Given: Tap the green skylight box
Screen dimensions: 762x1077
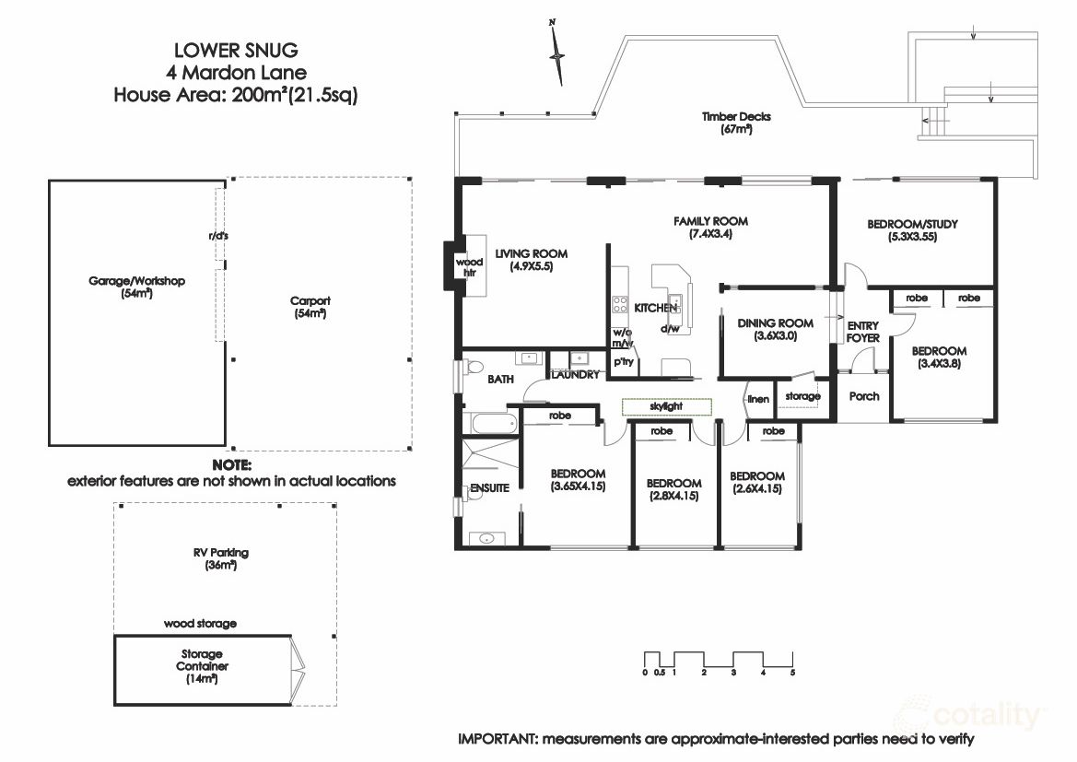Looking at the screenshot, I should coord(666,406).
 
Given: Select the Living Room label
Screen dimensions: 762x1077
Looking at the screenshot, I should coord(531,261).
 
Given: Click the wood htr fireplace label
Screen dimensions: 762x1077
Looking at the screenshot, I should coord(469,267).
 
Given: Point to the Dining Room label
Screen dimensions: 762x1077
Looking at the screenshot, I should coord(775,330).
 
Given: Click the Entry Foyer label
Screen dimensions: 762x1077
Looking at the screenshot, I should coord(863,332).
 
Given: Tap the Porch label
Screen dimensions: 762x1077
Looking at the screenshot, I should coord(863,396).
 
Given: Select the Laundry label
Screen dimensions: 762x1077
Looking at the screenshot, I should coord(576,375).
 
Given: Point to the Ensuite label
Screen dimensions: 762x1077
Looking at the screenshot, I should coord(488,488).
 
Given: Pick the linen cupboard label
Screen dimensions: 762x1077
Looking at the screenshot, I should coord(758,399).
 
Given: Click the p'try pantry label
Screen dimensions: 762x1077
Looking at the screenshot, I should coord(624,361).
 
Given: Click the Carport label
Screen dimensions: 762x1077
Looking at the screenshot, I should coord(310,307).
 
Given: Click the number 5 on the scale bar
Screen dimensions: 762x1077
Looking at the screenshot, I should coord(792,674).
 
